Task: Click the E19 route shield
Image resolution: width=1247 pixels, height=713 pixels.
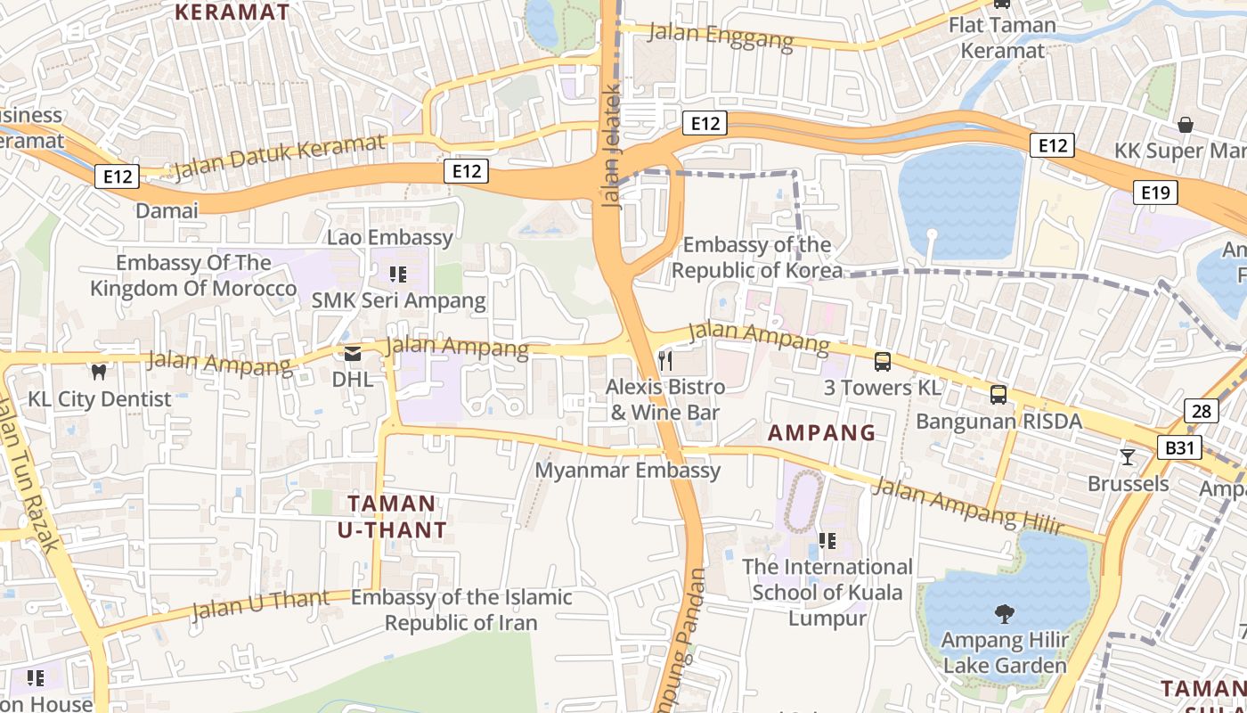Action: [1156, 192]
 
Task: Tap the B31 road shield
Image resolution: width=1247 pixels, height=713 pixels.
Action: [1179, 447]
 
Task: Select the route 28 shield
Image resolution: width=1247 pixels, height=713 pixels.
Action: [1202, 411]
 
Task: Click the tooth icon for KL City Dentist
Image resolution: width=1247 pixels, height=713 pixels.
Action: [99, 372]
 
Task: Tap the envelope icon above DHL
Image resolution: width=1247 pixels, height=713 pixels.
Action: [353, 354]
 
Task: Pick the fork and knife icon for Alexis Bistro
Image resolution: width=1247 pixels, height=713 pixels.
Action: [664, 360]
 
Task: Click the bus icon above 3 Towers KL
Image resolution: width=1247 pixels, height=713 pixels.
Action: [883, 361]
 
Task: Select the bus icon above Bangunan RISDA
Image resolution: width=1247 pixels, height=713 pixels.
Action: [998, 394]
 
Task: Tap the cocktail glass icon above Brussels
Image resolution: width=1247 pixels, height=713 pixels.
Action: [1128, 457]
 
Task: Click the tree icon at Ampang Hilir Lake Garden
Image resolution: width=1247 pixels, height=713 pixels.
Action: [1004, 613]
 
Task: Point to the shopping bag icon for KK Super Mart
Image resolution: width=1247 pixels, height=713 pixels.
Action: [1186, 124]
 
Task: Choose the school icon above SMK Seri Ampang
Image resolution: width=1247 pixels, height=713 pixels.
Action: [398, 274]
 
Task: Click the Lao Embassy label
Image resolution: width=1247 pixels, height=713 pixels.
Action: [390, 238]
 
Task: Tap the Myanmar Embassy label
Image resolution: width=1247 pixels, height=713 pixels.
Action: [628, 470]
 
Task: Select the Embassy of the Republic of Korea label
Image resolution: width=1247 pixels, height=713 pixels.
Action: [757, 257]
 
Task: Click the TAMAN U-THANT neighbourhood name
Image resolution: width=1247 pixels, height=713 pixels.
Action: [392, 517]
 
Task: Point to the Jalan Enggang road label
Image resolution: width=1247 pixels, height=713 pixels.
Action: [721, 37]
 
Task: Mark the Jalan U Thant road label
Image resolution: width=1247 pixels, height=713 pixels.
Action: [260, 604]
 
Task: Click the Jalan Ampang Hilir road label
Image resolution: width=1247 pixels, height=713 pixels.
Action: [967, 506]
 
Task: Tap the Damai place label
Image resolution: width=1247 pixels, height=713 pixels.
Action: [167, 211]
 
